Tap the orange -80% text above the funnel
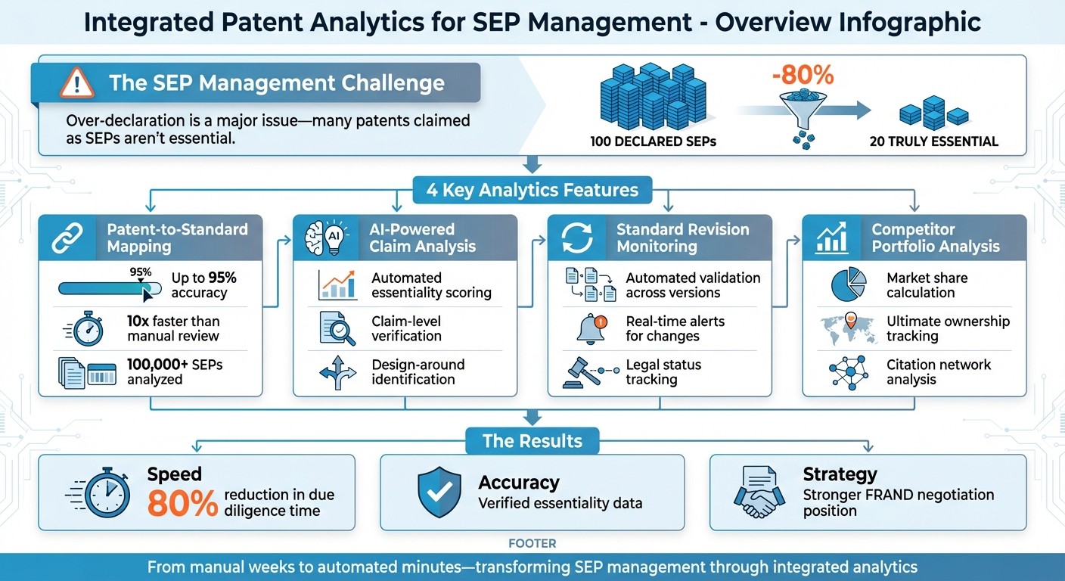803,76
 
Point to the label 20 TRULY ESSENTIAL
934,141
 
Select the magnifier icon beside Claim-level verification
335,329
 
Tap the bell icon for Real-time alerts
591,329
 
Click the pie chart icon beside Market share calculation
847,285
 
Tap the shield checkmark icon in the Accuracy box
439,492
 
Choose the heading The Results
532,441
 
